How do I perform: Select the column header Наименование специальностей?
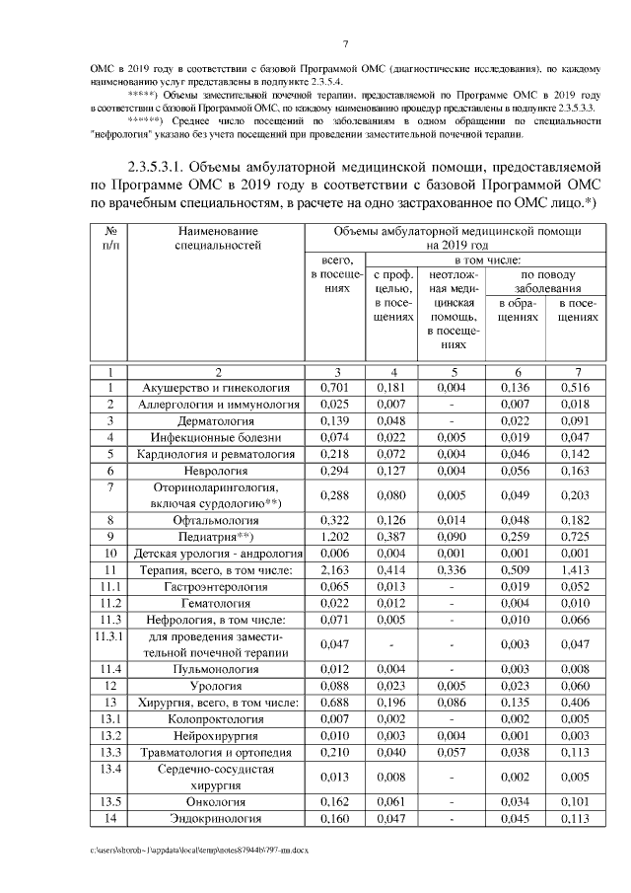pos(219,236)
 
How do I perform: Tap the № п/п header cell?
pos(110,236)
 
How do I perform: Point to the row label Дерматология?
pos(219,420)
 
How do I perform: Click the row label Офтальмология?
pos(219,519)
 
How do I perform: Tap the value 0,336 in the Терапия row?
pos(451,569)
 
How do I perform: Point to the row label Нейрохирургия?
pos(219,735)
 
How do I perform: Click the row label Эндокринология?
pos(219,818)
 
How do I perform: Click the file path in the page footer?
pos(197,849)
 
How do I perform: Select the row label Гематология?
pos(219,603)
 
